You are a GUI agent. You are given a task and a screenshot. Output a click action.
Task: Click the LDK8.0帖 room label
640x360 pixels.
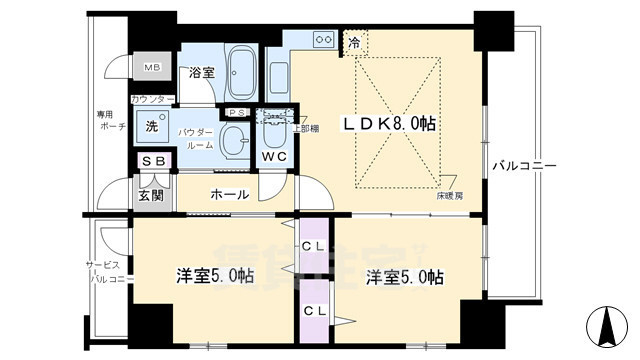coord(391,123)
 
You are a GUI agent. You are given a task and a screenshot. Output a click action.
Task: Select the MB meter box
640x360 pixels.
coord(152,68)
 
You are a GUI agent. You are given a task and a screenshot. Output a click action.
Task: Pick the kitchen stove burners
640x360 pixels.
coord(325,40)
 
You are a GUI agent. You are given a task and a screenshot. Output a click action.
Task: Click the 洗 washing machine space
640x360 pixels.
coord(152,127)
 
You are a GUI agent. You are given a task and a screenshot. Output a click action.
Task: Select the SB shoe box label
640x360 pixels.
coord(153,162)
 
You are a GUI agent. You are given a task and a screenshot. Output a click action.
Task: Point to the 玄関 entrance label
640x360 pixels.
coord(152,195)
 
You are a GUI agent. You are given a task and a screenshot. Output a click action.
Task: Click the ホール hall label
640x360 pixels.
coord(229,194)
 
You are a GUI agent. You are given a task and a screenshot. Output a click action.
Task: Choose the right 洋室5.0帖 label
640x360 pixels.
coord(404,276)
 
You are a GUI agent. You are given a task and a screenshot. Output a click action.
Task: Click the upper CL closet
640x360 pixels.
coord(313,245)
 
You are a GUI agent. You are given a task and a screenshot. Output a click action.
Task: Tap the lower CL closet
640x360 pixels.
coord(313,310)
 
